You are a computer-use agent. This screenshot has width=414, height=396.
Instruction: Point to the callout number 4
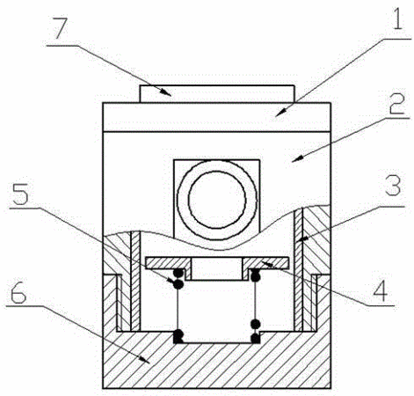pos(381,290)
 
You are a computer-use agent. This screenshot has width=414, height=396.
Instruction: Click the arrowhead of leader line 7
pos(167,93)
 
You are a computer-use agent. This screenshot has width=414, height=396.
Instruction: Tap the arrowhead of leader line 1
pos(280,113)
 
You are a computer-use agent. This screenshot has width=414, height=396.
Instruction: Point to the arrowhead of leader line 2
pos(297,158)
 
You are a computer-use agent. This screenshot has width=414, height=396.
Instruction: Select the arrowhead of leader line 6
pos(145,360)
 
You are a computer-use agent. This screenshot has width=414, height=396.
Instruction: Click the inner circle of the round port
pos(217,199)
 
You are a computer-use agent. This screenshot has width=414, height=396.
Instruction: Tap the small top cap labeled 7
pos(217,94)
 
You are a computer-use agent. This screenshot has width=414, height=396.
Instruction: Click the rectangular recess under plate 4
pos(217,269)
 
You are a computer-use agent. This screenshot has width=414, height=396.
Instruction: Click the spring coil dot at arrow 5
pos(178,284)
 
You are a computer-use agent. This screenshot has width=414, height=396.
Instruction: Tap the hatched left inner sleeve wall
pos(135,281)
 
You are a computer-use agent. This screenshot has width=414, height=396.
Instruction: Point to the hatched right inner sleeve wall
pos(298,270)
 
